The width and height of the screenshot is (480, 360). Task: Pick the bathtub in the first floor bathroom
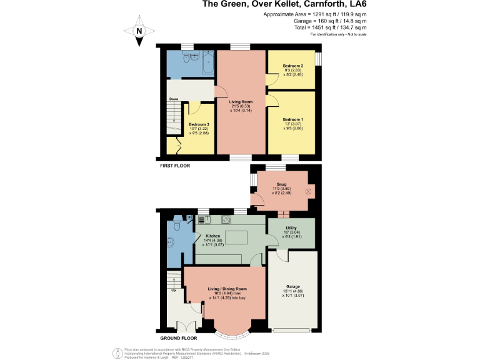point(207,61)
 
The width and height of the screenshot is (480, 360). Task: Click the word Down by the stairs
point(173,99)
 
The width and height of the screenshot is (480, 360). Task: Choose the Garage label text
point(292,287)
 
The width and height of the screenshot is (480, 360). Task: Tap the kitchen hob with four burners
point(223,220)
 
